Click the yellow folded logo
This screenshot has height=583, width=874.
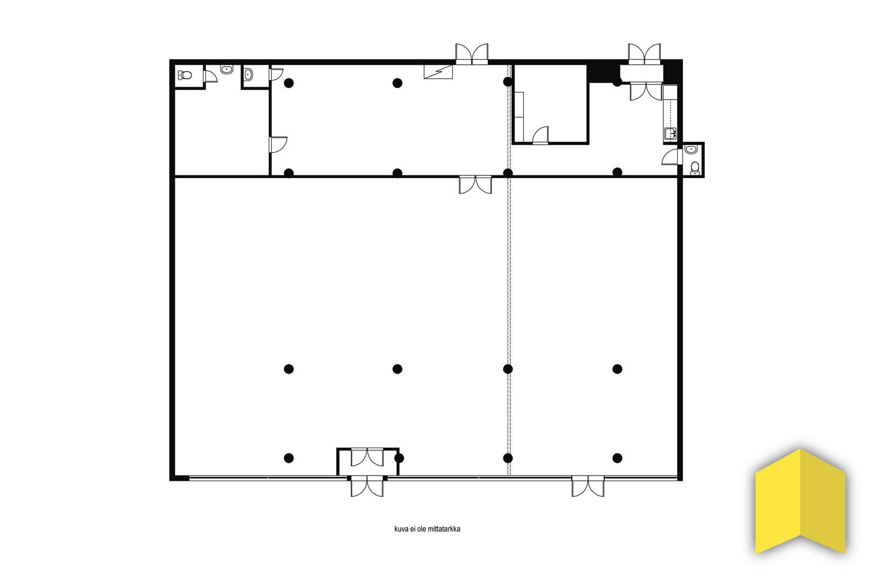800,502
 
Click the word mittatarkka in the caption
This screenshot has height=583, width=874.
444,529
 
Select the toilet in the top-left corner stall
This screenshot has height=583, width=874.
185,75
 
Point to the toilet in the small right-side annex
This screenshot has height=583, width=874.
695,168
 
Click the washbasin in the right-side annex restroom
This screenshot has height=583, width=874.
691,149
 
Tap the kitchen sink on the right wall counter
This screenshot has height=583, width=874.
670,133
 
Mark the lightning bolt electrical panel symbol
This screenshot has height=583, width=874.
439,72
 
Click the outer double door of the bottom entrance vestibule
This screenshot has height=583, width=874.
367,486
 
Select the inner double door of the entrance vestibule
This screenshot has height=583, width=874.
367,457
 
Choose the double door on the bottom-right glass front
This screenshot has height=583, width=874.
588,486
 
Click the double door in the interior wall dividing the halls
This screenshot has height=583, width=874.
475,185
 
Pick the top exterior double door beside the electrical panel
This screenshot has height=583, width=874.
472,54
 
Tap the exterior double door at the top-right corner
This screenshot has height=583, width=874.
644,54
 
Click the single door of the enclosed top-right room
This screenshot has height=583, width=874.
541,135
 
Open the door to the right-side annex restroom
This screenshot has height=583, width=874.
672,157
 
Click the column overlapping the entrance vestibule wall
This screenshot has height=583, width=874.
399,458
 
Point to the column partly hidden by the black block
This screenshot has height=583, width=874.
617,82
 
